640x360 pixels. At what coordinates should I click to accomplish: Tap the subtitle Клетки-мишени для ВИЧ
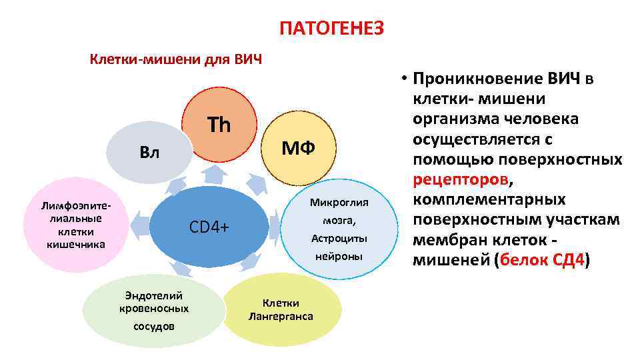pos(176,59)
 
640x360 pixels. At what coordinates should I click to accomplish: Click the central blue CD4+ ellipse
pos(209,227)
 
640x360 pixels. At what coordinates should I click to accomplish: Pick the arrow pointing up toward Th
pos(215,175)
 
